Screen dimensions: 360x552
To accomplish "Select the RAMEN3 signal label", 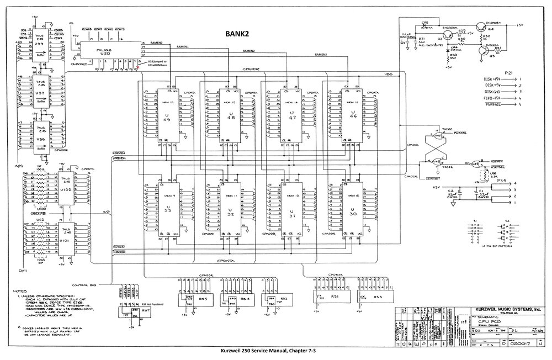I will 321,55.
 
